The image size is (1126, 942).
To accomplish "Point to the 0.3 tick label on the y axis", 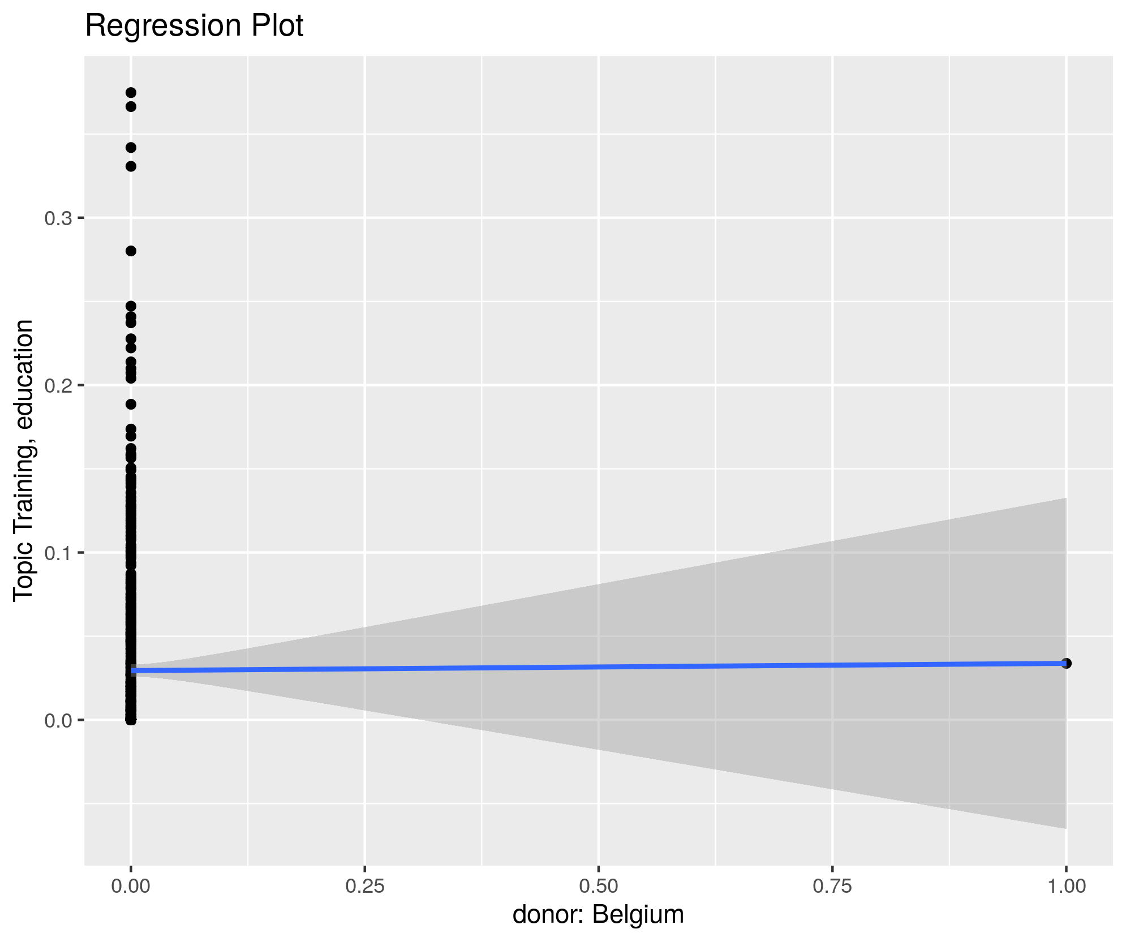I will [57, 218].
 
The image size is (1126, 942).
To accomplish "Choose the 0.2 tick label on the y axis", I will [57, 386].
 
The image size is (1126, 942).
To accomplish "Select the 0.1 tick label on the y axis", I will [57, 553].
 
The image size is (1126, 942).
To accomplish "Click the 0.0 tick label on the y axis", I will [57, 720].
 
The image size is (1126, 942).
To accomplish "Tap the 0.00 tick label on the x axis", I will [131, 886].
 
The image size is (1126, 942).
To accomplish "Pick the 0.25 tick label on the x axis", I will [365, 886].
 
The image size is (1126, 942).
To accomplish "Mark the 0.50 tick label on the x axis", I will [599, 886].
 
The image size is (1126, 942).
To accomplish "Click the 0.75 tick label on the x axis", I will [832, 886].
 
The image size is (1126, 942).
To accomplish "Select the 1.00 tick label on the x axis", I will [1067, 886].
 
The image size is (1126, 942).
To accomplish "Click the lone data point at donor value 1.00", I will [1067, 663].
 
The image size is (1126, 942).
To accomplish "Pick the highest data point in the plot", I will [131, 93].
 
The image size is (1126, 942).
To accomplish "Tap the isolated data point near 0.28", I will [131, 251].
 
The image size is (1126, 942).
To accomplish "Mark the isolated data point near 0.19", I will [131, 404].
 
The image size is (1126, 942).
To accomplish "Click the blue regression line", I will [599, 667].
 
